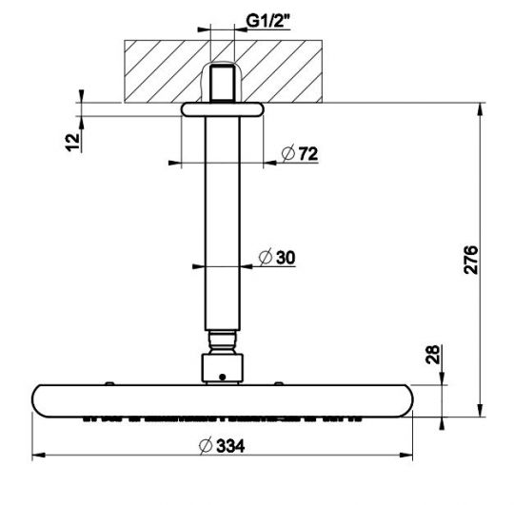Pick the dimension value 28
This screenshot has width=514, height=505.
click(x=433, y=357)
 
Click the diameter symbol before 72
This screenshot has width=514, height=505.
click(x=287, y=154)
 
